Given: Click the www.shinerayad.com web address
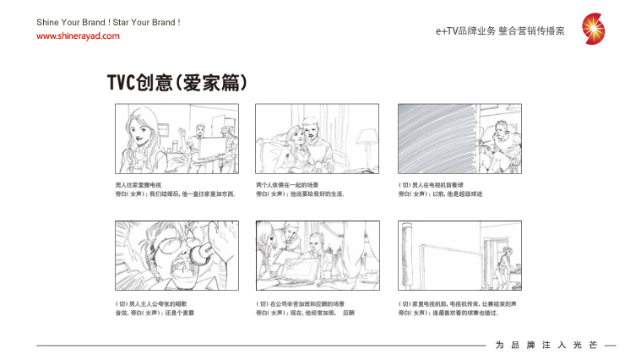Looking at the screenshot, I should (78, 36).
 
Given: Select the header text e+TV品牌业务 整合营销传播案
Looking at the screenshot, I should (500, 30).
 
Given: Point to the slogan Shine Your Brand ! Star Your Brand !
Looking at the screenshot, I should (108, 21).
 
